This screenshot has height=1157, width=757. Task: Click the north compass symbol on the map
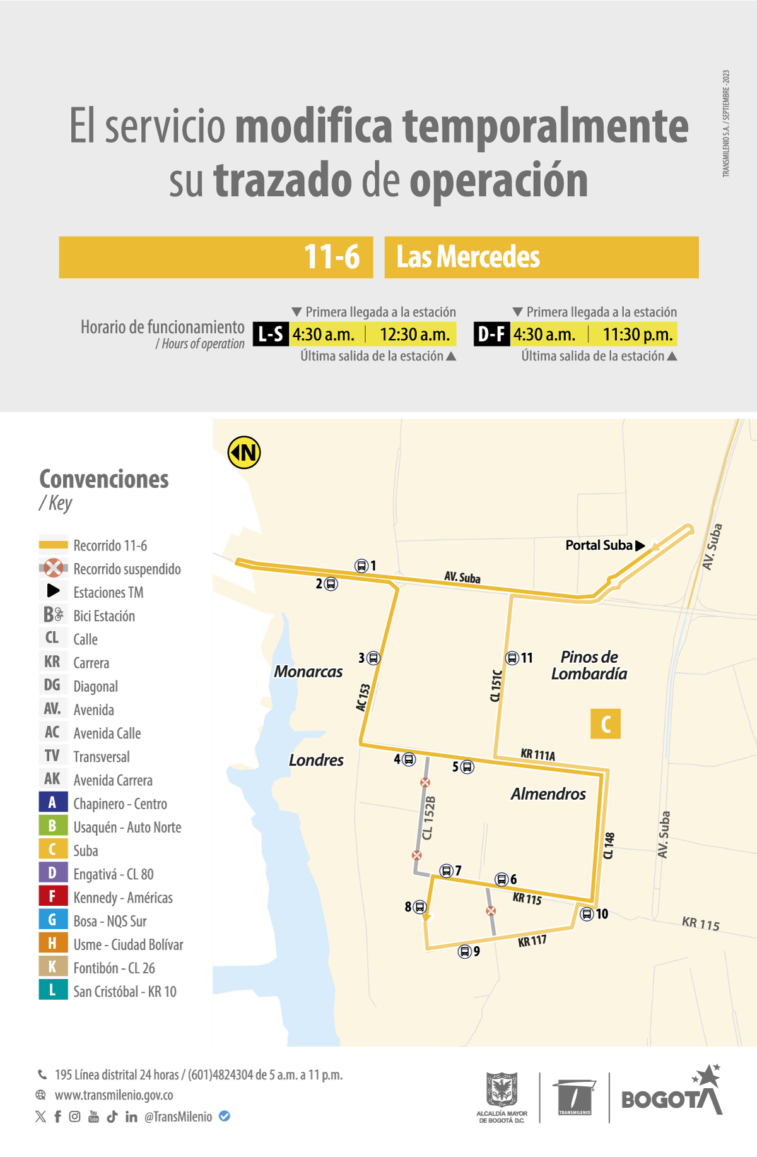[x=244, y=453]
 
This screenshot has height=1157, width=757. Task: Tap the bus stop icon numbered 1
[x=361, y=566]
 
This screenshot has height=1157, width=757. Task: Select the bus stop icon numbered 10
[x=587, y=913]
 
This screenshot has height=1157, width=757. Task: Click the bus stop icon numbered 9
[x=465, y=951]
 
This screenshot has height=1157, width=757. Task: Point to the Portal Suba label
[x=599, y=545]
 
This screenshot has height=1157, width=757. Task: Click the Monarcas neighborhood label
[x=308, y=672]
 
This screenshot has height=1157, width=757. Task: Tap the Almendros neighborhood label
[x=548, y=794]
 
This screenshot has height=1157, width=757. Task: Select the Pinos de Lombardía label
[x=589, y=665]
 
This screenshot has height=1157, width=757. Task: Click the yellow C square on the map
[x=606, y=724]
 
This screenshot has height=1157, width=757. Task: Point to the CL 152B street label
[x=428, y=818]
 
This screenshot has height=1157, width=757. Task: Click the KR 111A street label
[x=537, y=754]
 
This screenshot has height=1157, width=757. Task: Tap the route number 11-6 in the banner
[x=332, y=258]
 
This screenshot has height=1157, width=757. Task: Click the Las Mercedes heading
[x=468, y=258]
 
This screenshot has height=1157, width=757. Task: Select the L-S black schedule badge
[x=271, y=335]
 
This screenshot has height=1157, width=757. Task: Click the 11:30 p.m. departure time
[x=637, y=335]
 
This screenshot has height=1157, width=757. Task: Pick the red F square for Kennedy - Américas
[x=52, y=896]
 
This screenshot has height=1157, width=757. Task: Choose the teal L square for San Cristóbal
[x=52, y=990]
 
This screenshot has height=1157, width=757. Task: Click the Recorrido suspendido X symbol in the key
[x=54, y=568]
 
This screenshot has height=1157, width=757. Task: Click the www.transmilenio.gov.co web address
[x=114, y=1095]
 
